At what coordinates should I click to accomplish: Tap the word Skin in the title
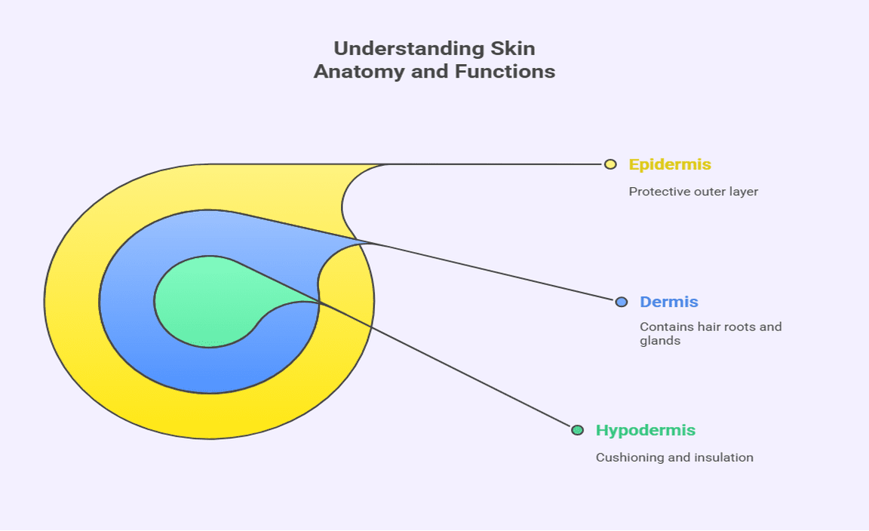pos(511,48)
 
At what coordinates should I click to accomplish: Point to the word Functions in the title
pos(505,72)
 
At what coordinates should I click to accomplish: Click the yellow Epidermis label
pos(670,164)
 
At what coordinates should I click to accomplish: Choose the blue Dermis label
pos(669,302)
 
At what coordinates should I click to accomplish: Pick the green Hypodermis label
pos(646,430)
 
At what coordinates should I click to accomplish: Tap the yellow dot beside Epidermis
pos(610,164)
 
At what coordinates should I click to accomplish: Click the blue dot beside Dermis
pos(622,302)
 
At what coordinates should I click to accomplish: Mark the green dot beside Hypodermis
pos(577,430)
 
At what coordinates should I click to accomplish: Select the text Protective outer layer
pos(693,192)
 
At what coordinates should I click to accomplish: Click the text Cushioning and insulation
pos(674,457)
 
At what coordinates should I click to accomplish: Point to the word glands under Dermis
pos(660,341)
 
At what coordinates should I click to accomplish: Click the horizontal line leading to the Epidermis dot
pos(498,164)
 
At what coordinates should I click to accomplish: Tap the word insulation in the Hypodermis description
pos(723,457)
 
